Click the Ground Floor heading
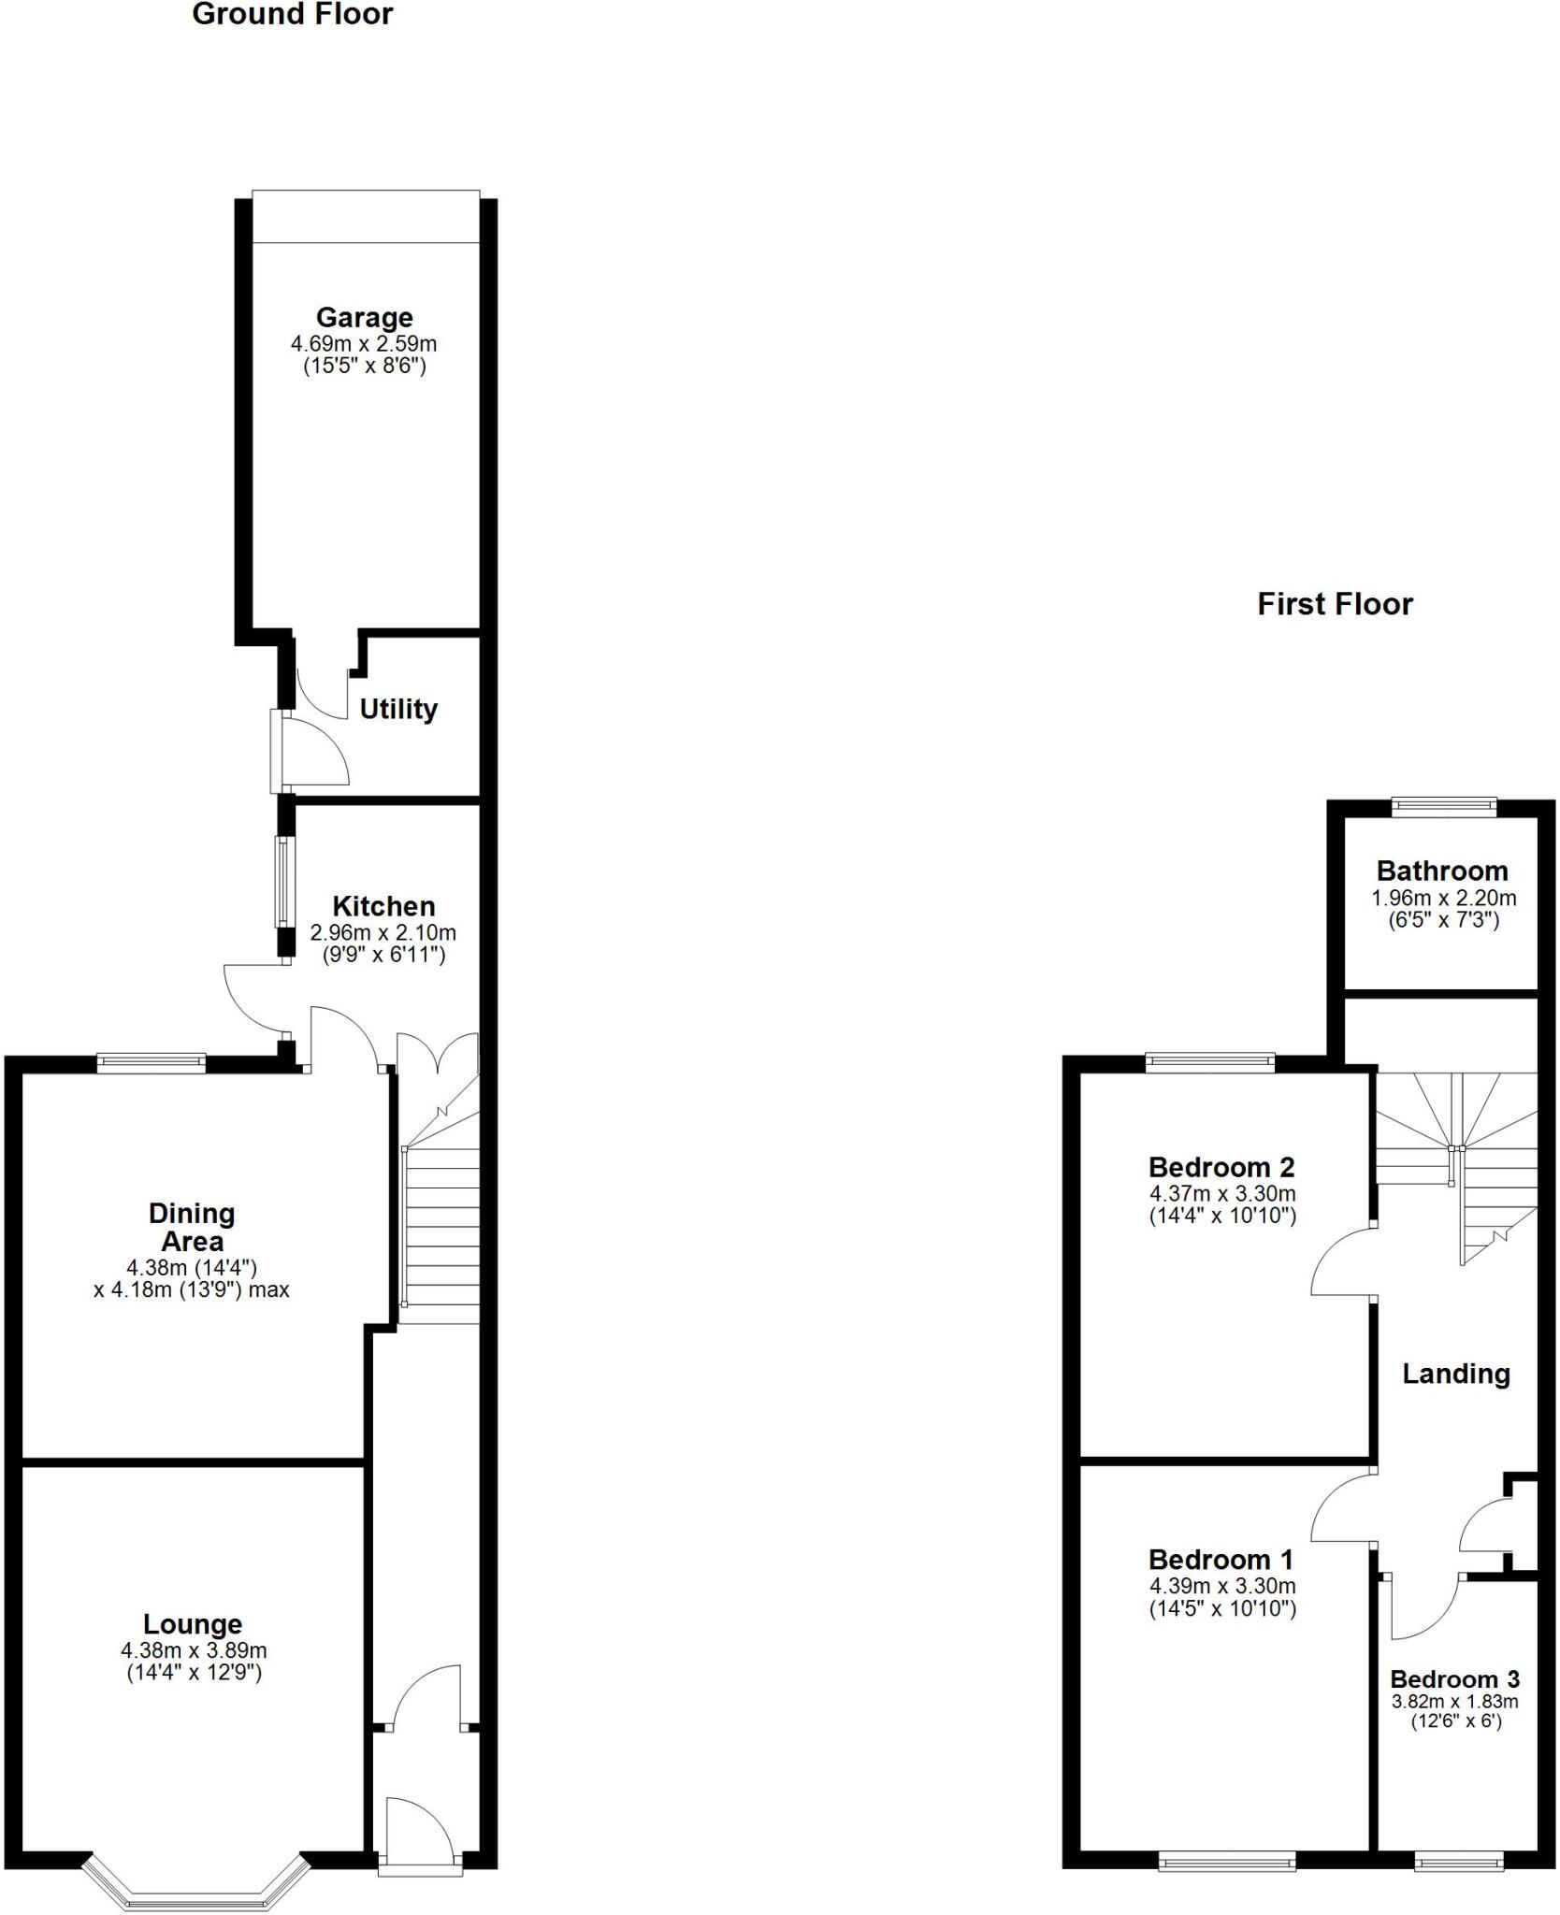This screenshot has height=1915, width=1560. tap(292, 15)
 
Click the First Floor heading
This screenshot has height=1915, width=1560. tap(1334, 604)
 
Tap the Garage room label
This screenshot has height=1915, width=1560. tap(364, 318)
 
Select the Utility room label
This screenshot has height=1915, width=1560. tap(398, 709)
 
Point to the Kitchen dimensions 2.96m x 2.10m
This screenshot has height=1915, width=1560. tap(383, 932)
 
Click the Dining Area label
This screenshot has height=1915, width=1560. tap(192, 1227)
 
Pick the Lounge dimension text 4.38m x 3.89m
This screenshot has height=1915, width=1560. tap(194, 1651)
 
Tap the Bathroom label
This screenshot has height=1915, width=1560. tap(1441, 871)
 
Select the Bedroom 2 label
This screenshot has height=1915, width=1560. tap(1221, 1167)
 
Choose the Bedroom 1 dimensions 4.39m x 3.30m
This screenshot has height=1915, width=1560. tap(1221, 1586)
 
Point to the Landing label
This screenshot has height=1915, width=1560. tap(1455, 1373)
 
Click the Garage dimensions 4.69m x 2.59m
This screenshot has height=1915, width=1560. tap(364, 343)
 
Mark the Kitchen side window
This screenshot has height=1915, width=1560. tap(282, 881)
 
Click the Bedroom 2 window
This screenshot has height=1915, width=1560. tap(1209, 1061)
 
